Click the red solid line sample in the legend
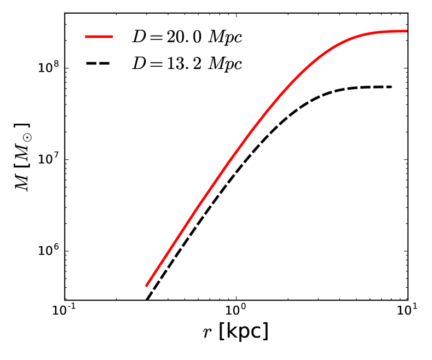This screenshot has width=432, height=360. point(99,37)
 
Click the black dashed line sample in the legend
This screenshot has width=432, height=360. point(99,64)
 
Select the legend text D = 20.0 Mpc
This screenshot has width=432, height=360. point(187,37)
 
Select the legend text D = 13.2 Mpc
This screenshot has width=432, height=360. point(187,64)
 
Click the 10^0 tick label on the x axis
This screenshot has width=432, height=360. point(235,313)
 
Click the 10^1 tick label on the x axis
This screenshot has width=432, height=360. point(406,313)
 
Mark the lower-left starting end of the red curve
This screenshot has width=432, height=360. point(146,286)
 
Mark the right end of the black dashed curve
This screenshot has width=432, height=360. point(391,87)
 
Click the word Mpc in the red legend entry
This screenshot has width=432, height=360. point(228,38)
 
